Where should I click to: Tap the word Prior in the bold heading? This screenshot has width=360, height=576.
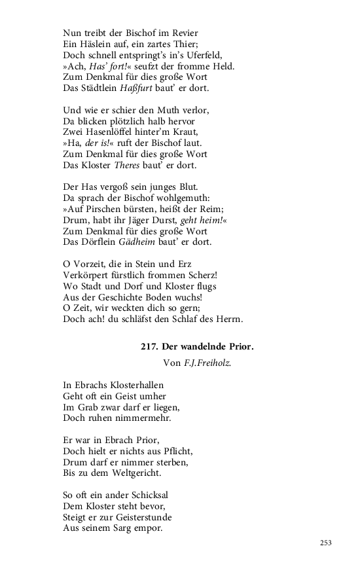click(239, 346)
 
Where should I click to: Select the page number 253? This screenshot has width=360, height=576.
click(327, 543)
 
